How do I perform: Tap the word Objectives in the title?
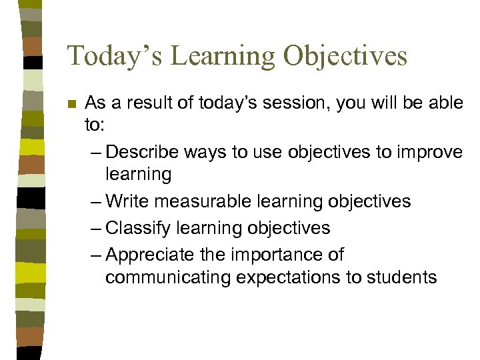pos(345,56)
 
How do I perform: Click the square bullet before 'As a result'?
pos(72,105)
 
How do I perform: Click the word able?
pos(445,104)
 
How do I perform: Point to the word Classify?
pos(137,228)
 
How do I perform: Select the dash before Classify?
pos(95,228)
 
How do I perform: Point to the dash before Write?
pos(95,201)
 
